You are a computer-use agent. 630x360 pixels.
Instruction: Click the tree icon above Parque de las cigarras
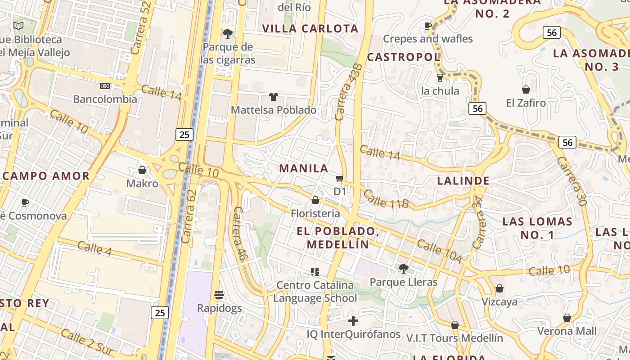(x=228, y=33)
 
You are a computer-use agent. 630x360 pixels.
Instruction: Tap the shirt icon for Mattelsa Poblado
(x=273, y=96)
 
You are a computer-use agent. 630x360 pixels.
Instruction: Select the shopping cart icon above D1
(x=340, y=179)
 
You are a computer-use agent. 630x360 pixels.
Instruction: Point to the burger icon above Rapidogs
(x=219, y=295)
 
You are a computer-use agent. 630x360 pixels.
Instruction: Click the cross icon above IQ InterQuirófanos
(x=353, y=321)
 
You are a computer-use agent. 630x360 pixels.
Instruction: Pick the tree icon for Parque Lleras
(x=403, y=269)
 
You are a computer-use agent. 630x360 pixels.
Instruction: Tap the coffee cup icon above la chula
(x=440, y=78)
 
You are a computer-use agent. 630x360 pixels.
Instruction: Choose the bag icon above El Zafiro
(x=526, y=90)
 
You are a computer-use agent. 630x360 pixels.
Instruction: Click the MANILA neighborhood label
(x=304, y=168)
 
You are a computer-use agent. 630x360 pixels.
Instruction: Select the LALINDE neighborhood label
(x=463, y=181)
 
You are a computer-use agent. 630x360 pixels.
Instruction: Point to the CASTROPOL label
(x=403, y=57)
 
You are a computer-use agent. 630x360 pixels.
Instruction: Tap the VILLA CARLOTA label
(x=310, y=29)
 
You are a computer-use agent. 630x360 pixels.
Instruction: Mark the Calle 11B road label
(x=386, y=199)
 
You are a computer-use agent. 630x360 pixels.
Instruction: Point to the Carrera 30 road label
(x=571, y=181)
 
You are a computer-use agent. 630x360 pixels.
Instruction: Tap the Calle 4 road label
(x=94, y=248)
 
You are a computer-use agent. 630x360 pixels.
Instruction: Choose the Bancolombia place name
(x=105, y=99)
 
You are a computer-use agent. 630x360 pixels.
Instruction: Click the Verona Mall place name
(x=567, y=331)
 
